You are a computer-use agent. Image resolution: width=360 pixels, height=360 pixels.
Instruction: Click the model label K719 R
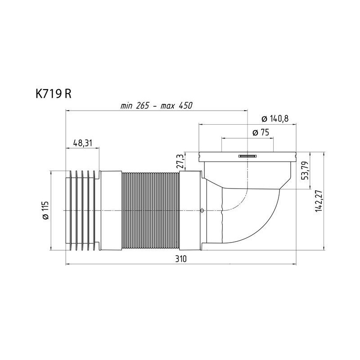pos(54,94)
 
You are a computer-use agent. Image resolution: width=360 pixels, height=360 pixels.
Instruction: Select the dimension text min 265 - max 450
pos(156,106)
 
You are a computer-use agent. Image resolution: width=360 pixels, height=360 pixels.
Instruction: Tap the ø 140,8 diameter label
pos(275,119)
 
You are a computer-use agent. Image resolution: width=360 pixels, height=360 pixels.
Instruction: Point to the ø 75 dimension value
pos(261,132)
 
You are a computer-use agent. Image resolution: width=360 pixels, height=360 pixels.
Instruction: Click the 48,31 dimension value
pos(83,143)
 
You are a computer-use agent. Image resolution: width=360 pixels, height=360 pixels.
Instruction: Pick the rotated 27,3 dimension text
pos(180,161)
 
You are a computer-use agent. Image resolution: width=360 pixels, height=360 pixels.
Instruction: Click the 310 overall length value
pos(181,259)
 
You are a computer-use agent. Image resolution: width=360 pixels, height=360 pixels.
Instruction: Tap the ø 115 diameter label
pos(45,210)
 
